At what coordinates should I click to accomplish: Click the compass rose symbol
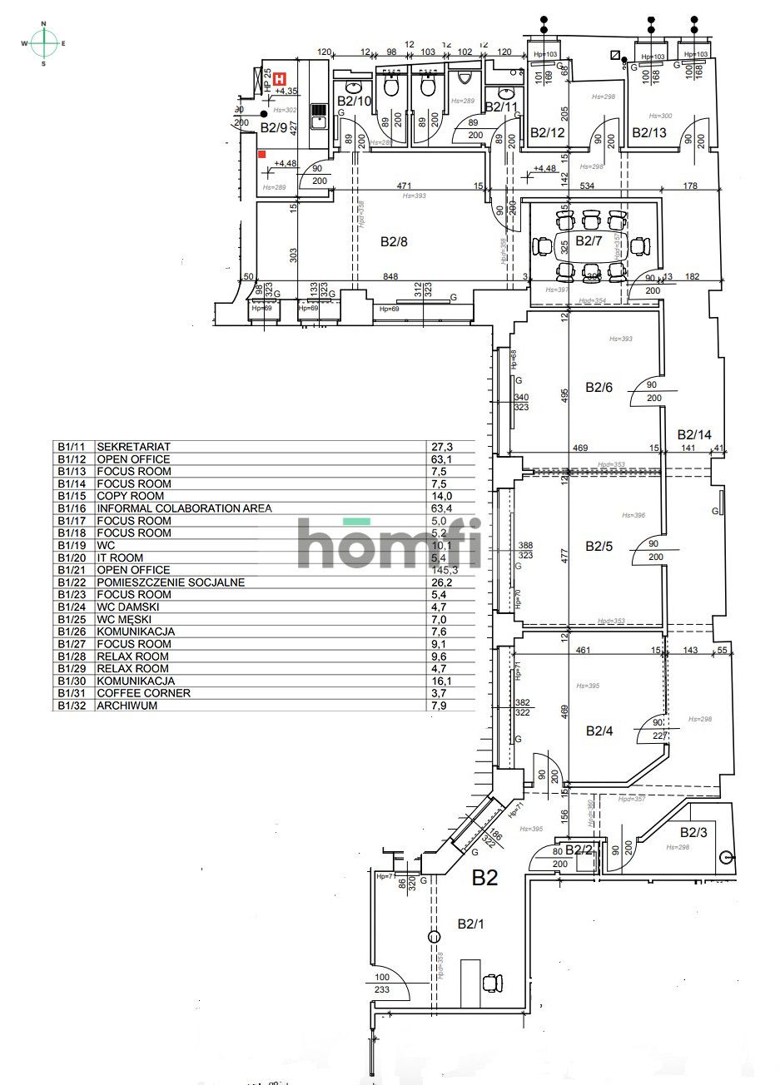44,43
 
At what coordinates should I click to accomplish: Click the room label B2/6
599,387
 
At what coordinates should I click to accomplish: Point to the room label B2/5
599,547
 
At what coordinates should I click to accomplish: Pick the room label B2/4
599,731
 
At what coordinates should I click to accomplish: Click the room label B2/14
694,434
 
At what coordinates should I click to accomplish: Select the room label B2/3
694,832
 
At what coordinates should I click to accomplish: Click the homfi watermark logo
390,542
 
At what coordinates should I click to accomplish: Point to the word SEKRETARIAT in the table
133,447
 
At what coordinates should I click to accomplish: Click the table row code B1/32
72,706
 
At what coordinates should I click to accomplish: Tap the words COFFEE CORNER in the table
143,693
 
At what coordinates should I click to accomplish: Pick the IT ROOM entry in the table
120,557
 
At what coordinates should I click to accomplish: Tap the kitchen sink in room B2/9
318,122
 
